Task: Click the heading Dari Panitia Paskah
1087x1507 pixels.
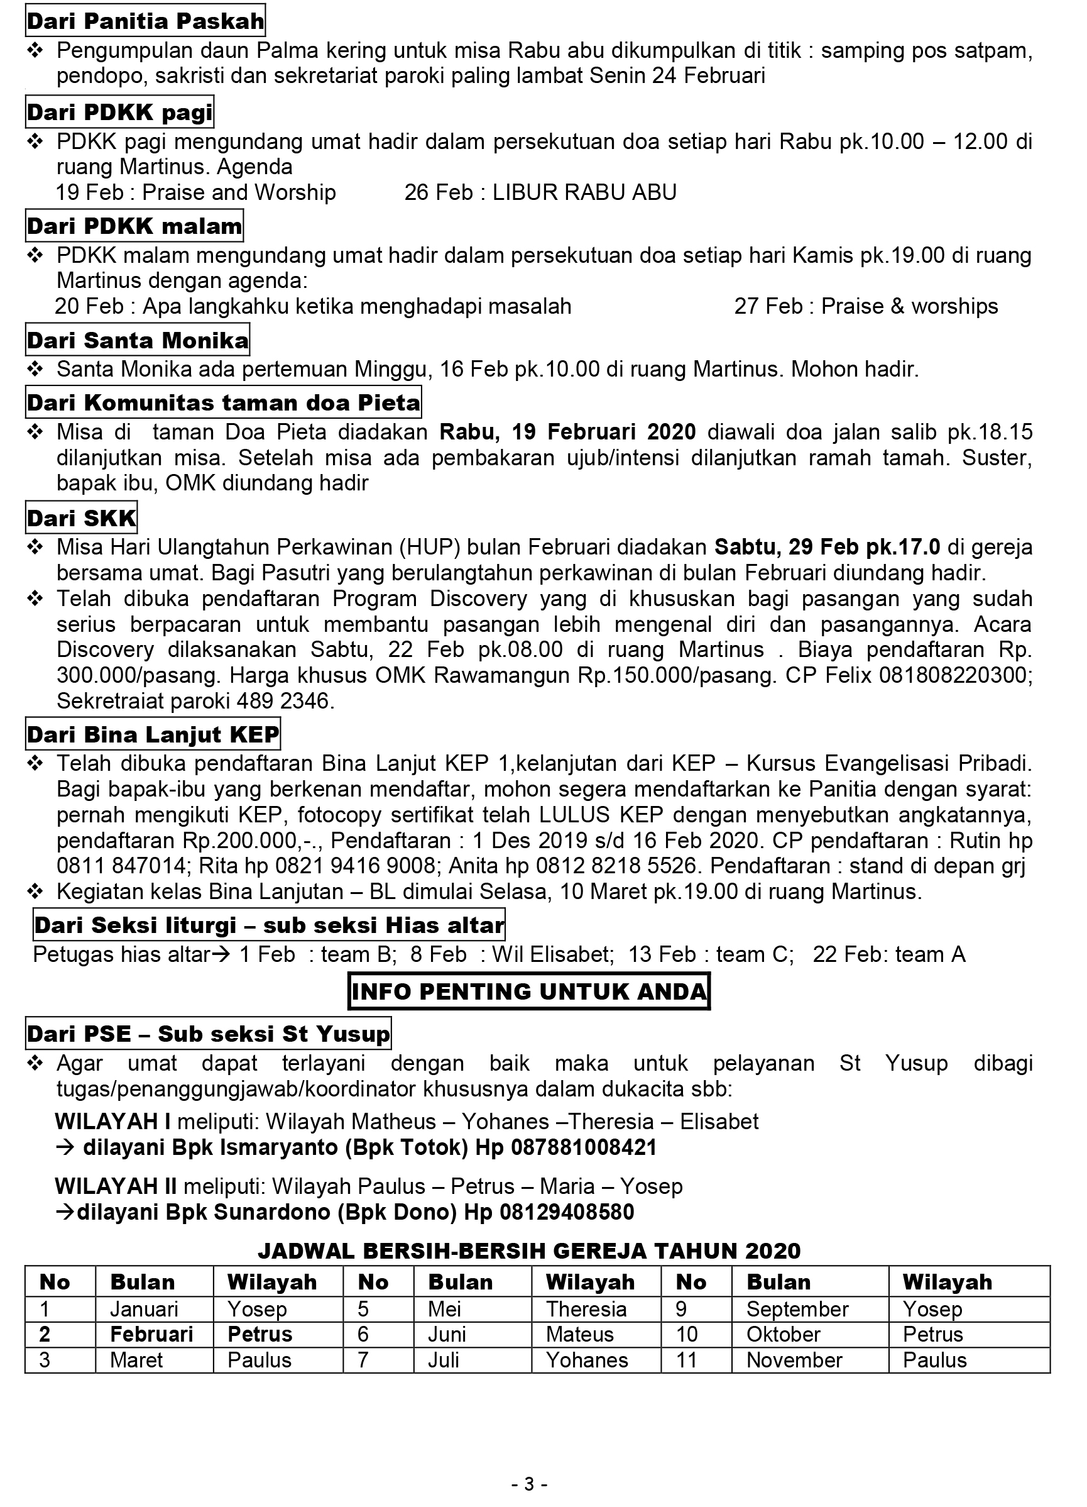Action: pos(145,21)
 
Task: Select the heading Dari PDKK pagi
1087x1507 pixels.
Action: pos(119,113)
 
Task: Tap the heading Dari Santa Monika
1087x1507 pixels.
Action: pos(138,340)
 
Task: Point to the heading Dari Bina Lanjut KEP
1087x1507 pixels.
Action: pos(153,734)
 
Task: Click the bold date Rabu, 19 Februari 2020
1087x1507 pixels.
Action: pos(568,433)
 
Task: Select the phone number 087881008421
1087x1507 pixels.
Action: pos(584,1147)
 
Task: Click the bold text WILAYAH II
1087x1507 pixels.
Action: pos(116,1186)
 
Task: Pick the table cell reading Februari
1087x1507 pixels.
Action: pos(151,1334)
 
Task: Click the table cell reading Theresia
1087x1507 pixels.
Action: pos(586,1309)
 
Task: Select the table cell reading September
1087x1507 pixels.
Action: pos(797,1309)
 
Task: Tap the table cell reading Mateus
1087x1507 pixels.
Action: pos(580,1334)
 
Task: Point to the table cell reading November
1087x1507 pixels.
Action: pos(794,1360)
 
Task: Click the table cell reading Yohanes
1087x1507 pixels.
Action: pos(587,1360)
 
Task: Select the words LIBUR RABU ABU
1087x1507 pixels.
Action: pos(584,192)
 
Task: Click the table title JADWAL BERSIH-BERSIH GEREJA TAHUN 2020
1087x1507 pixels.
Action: pos(529,1251)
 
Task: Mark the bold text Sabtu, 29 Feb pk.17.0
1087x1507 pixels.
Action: pos(828,547)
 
